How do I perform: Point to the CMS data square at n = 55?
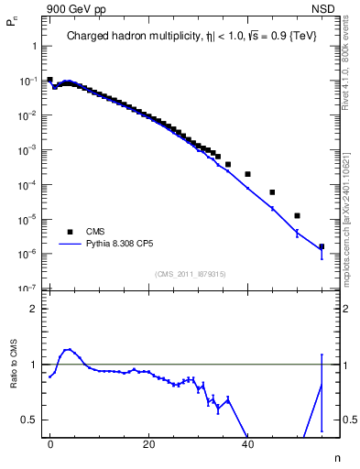(x=322, y=246)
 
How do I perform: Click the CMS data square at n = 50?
(x=297, y=216)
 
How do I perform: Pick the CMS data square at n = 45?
(x=272, y=192)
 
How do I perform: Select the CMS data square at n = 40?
(x=247, y=174)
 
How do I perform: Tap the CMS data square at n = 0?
(x=49, y=80)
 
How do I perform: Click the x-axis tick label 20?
(x=148, y=443)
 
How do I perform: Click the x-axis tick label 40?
(x=247, y=443)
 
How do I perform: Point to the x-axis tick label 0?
(x=49, y=443)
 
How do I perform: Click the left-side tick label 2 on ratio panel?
(x=34, y=309)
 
